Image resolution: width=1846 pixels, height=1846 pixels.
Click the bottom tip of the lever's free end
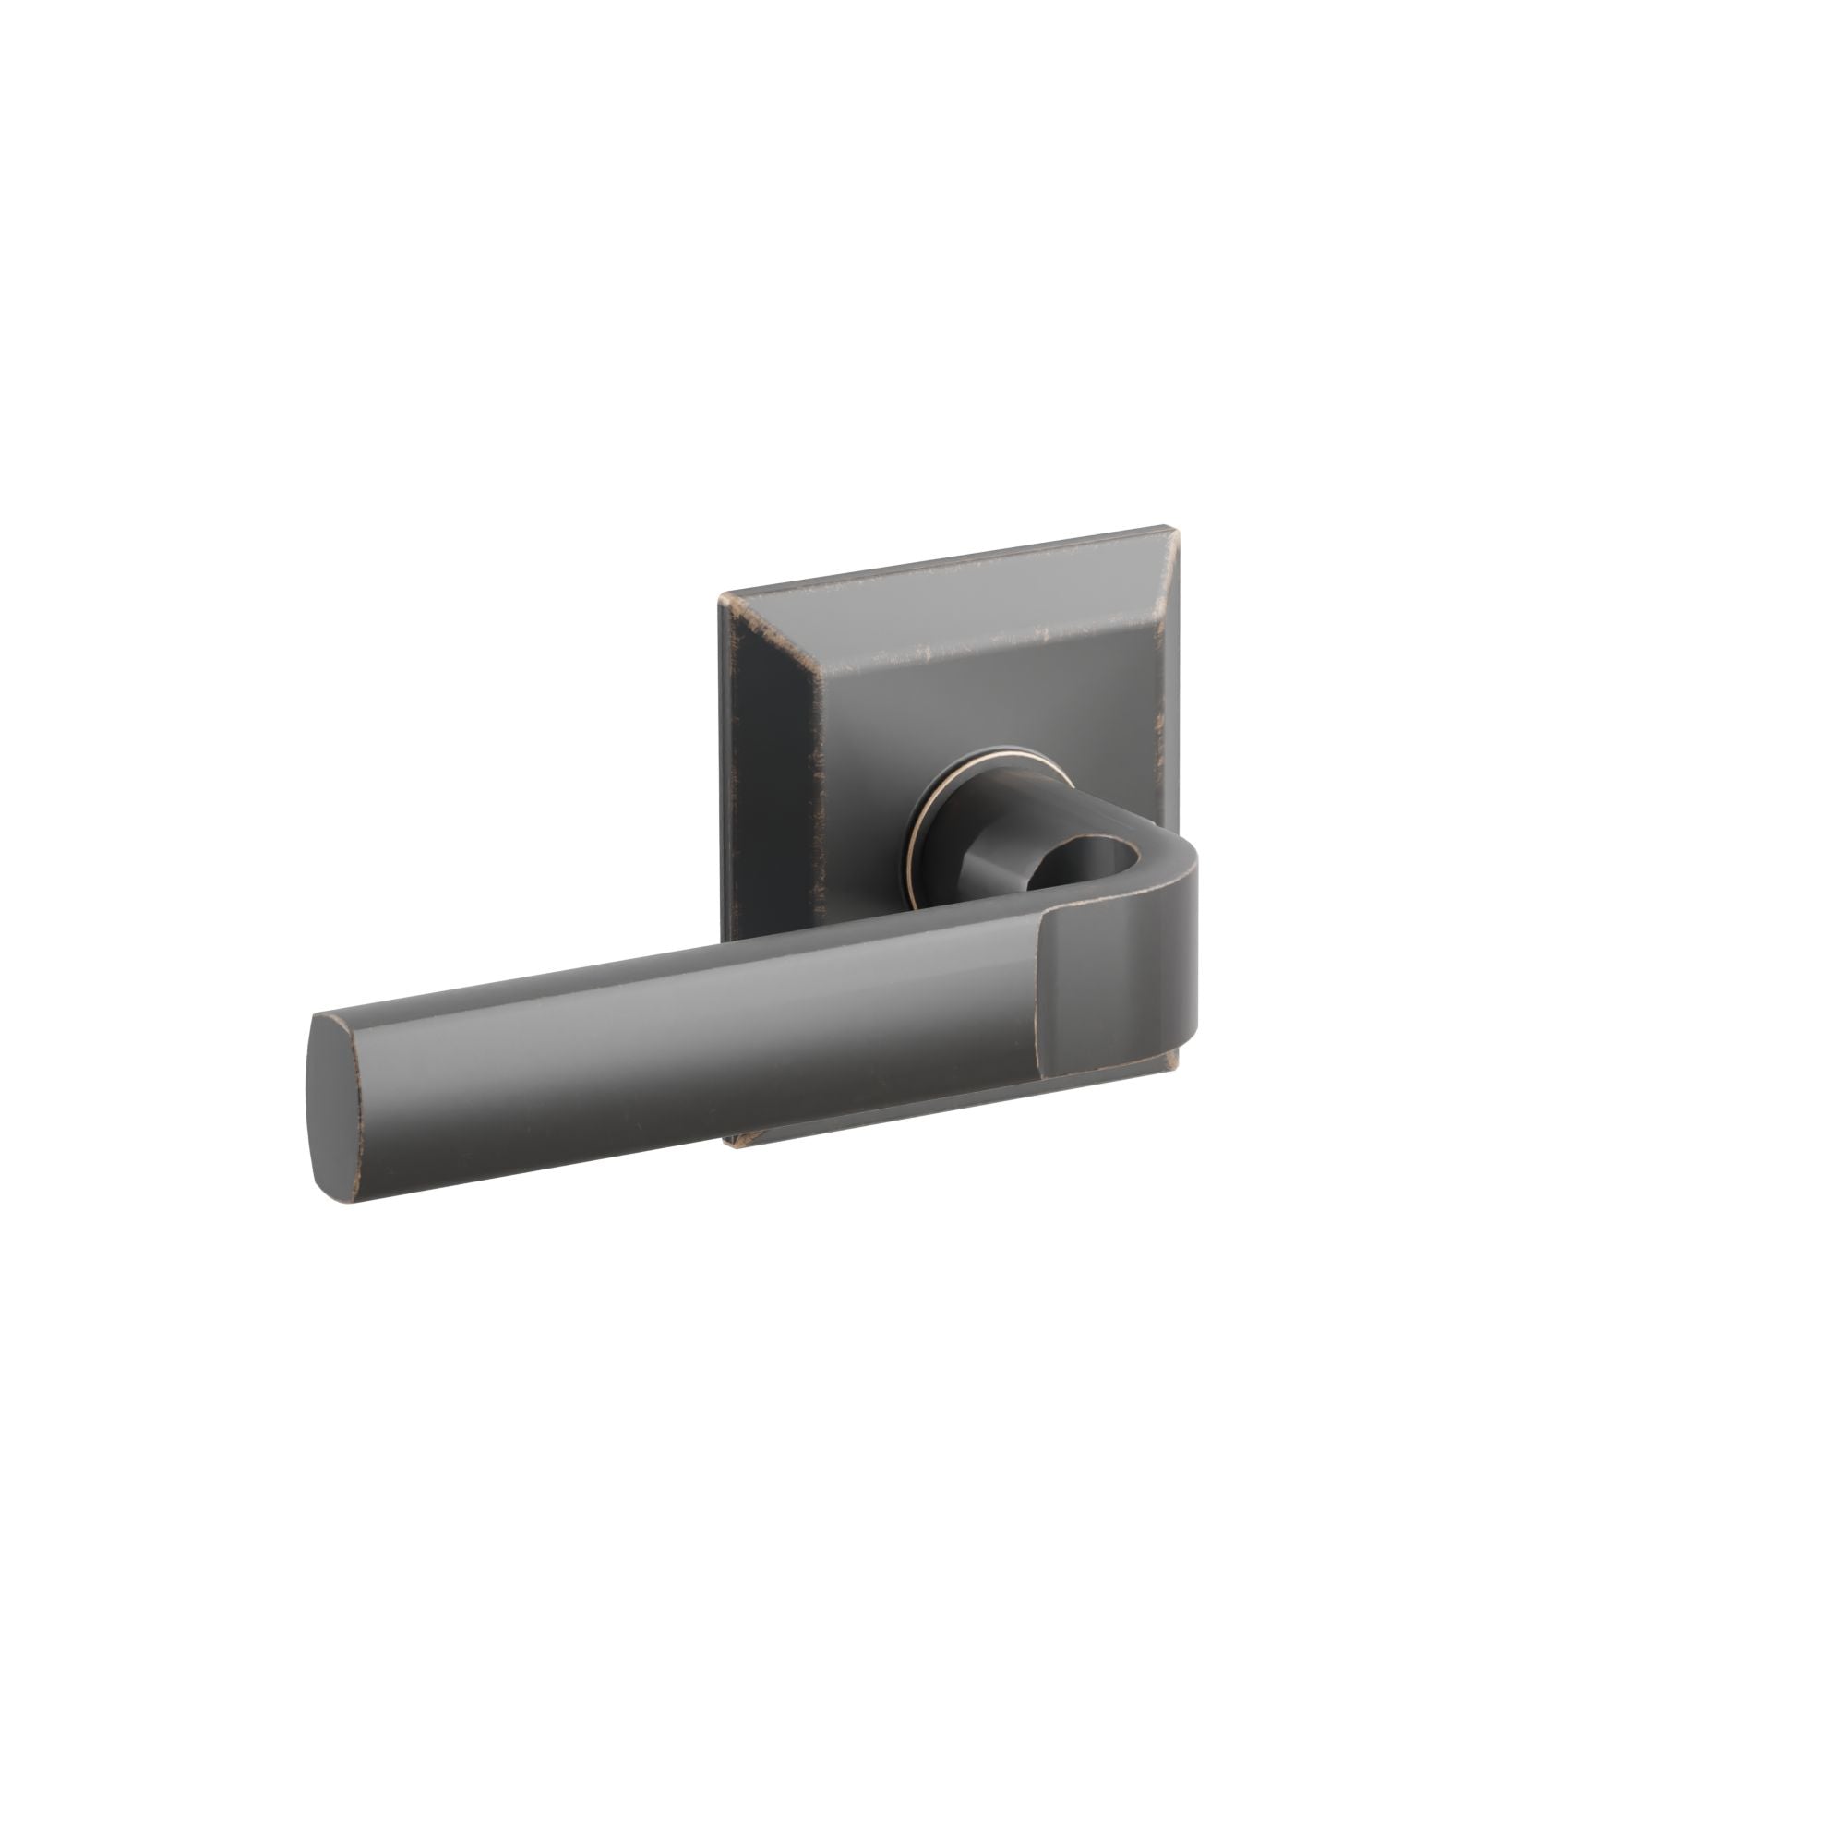coord(349,1198)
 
